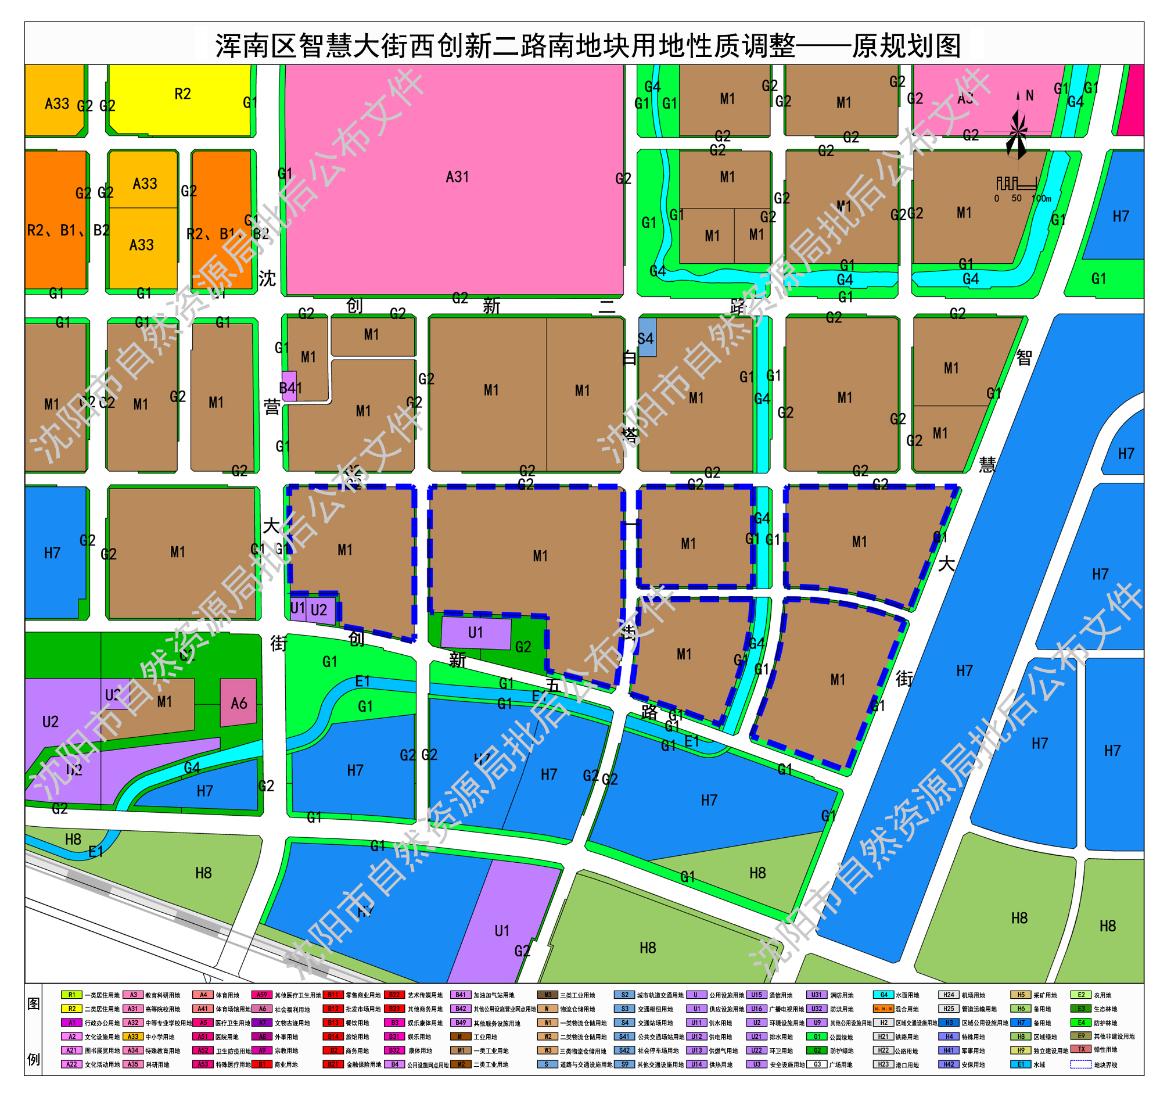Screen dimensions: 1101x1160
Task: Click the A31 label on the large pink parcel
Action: [x=457, y=177]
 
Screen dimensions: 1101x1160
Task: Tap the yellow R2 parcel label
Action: [x=182, y=95]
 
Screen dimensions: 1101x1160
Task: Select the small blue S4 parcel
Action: [x=647, y=339]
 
